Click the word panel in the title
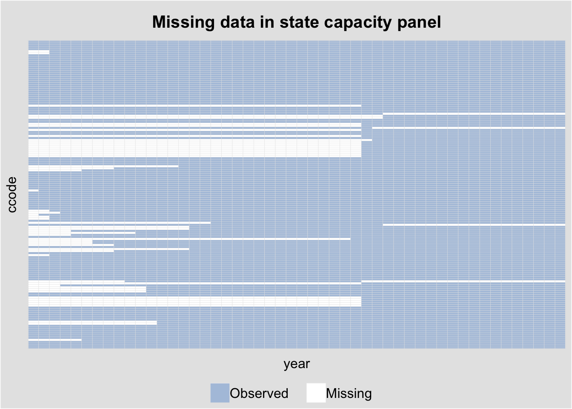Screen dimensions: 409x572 pyautogui.click(x=419, y=22)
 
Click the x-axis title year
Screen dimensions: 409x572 pyautogui.click(x=297, y=364)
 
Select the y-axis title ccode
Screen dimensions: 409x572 pyautogui.click(x=12, y=194)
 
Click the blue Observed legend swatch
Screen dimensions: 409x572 pyautogui.click(x=220, y=393)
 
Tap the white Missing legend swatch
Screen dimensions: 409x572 pyautogui.click(x=316, y=393)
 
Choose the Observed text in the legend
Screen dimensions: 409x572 pyautogui.click(x=259, y=393)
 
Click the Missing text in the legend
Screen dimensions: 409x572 pyautogui.click(x=349, y=393)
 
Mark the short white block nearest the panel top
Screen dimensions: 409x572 pyautogui.click(x=39, y=52)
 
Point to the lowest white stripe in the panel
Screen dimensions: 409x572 pyautogui.click(x=55, y=340)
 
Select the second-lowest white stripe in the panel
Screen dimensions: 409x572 pyautogui.click(x=92, y=323)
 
